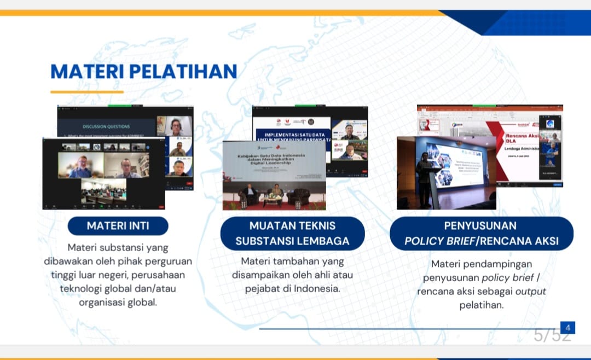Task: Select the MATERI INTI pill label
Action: pyautogui.click(x=118, y=225)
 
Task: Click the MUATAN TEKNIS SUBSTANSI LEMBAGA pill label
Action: pyautogui.click(x=292, y=233)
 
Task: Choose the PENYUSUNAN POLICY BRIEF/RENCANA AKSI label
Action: pyautogui.click(x=481, y=233)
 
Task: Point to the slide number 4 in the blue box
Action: pyautogui.click(x=568, y=328)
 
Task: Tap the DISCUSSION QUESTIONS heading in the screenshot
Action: pyautogui.click(x=107, y=126)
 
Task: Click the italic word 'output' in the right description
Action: pyautogui.click(x=530, y=291)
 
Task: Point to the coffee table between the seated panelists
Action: pyautogui.click(x=272, y=200)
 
